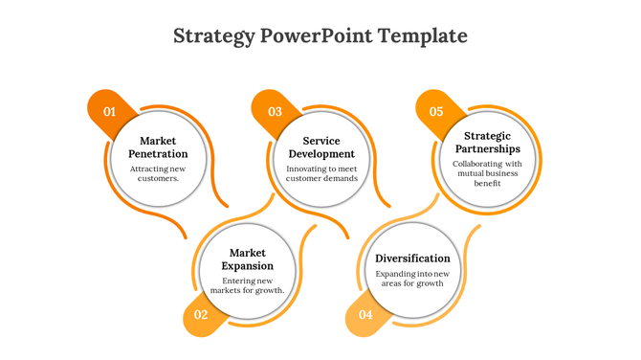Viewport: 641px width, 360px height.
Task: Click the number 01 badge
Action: click(109, 112)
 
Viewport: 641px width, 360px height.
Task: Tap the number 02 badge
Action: click(201, 314)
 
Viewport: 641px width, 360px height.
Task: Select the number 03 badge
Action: click(275, 112)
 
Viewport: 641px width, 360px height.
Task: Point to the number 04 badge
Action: click(365, 314)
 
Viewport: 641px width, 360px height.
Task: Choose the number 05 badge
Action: click(436, 112)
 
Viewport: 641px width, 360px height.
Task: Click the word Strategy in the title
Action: click(213, 36)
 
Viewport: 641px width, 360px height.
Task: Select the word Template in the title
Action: click(423, 36)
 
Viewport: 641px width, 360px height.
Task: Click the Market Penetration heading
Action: click(158, 147)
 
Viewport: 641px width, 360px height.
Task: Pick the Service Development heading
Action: click(321, 147)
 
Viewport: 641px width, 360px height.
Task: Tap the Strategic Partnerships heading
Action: click(487, 143)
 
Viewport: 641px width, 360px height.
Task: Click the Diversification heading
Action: click(412, 259)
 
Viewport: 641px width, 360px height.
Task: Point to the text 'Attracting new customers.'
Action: click(158, 173)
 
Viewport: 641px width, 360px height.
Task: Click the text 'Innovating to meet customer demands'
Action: click(321, 173)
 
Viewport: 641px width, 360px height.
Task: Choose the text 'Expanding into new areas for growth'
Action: click(412, 279)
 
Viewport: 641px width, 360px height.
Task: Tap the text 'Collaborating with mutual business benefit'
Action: click(487, 173)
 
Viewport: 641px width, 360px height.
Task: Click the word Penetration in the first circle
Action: click(158, 154)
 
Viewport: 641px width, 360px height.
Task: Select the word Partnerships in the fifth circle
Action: click(487, 149)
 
